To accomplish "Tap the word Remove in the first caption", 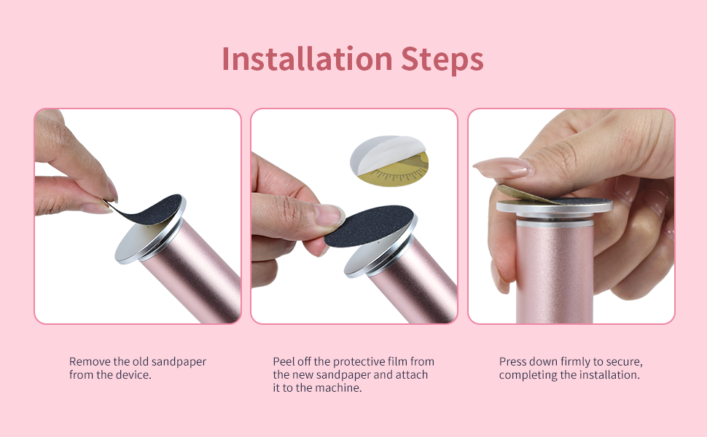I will click(88, 361).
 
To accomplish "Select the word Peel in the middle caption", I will click(284, 361).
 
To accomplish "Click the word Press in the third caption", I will click(513, 361).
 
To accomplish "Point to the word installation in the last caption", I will click(610, 375).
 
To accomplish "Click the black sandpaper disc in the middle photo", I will click(369, 224).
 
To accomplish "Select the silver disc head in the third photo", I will click(554, 208).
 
